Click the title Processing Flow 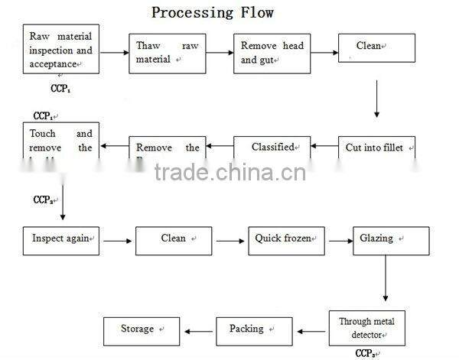(x=212, y=12)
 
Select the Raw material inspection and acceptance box (x=61, y=50)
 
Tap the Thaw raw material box (x=167, y=53)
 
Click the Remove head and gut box (x=272, y=53)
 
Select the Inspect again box (x=61, y=240)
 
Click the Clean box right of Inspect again (x=174, y=240)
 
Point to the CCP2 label (x=43, y=199)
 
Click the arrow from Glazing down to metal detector (x=386, y=279)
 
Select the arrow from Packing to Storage (x=199, y=331)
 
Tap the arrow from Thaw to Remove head (x=219, y=53)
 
